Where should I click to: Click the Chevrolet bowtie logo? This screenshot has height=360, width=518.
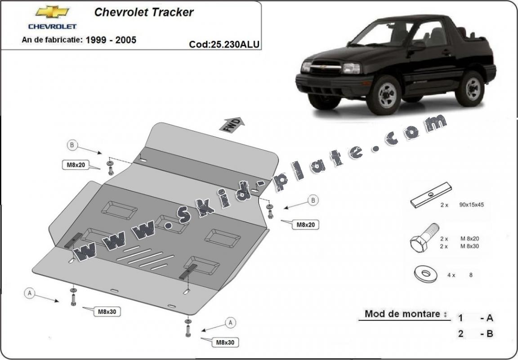tap(53, 12)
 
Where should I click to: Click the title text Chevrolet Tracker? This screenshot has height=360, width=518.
tap(144, 12)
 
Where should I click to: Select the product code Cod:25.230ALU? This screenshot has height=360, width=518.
tap(224, 44)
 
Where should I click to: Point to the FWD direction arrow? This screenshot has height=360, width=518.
tap(232, 124)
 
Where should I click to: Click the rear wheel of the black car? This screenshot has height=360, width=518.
tap(469, 88)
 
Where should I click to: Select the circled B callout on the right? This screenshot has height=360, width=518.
tap(313, 200)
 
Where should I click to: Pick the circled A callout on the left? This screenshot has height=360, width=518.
tap(30, 293)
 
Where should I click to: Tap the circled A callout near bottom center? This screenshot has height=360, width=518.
tap(230, 322)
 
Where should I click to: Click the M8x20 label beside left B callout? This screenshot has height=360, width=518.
tap(76, 165)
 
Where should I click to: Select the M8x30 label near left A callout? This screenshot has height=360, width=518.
tap(107, 311)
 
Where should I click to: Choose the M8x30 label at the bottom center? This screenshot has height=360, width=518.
tap(225, 342)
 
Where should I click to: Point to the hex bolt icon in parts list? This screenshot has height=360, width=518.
tap(424, 238)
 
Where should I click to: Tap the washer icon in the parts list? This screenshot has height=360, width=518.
tap(425, 274)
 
